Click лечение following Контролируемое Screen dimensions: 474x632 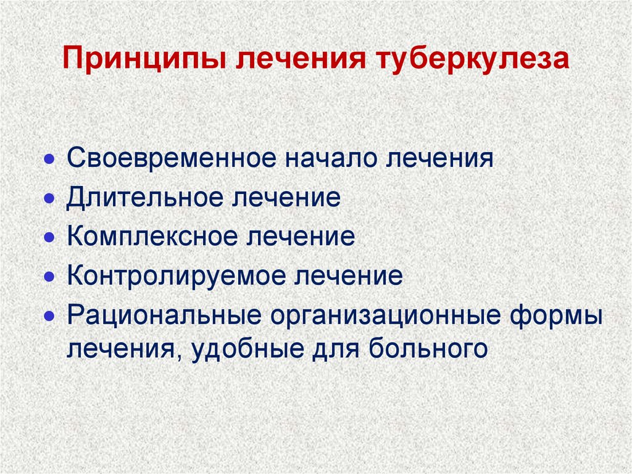pos(348,275)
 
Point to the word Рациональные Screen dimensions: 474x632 pos(163,315)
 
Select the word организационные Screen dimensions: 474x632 pos(383,315)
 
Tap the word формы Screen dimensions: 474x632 pos(555,315)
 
